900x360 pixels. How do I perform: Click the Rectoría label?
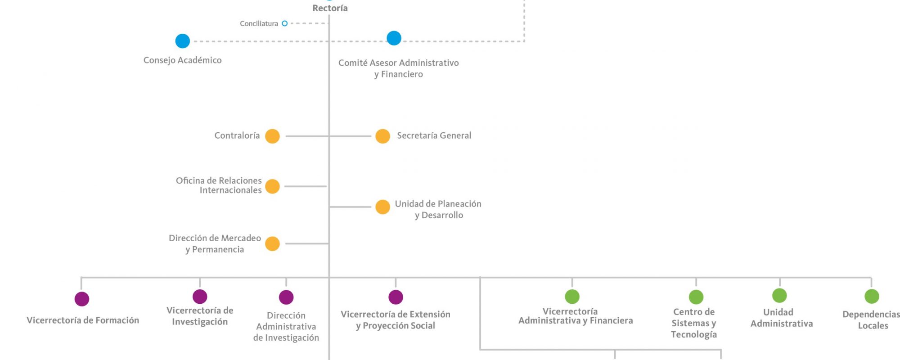[x=330, y=8]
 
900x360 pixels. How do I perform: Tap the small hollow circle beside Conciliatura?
[x=284, y=23]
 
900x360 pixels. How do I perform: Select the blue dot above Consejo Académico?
[x=183, y=41]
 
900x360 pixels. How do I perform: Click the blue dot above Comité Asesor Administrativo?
[x=394, y=38]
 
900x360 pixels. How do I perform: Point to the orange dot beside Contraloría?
[x=272, y=136]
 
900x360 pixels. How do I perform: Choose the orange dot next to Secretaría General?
[x=382, y=136]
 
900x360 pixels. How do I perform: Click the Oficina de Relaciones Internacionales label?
[x=219, y=185]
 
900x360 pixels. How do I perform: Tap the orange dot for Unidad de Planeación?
[x=382, y=207]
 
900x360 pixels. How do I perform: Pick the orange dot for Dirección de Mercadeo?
[x=272, y=243]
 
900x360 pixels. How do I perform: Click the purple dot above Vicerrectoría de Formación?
[x=82, y=299]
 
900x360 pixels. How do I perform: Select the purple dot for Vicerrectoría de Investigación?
[x=200, y=297]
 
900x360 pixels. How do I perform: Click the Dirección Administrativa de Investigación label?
[x=286, y=327]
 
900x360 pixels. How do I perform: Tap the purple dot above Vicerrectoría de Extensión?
[x=396, y=297]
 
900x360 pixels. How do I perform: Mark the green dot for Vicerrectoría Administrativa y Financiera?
[x=572, y=297]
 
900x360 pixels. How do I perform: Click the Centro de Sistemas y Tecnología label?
[x=694, y=323]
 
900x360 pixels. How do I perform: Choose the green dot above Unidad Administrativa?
[x=779, y=296]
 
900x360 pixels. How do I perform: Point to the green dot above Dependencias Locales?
[x=872, y=296]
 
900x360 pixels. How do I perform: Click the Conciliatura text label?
[x=259, y=23]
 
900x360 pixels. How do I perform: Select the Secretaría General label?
[x=434, y=135]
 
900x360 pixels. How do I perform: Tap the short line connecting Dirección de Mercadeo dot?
[x=307, y=243]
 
